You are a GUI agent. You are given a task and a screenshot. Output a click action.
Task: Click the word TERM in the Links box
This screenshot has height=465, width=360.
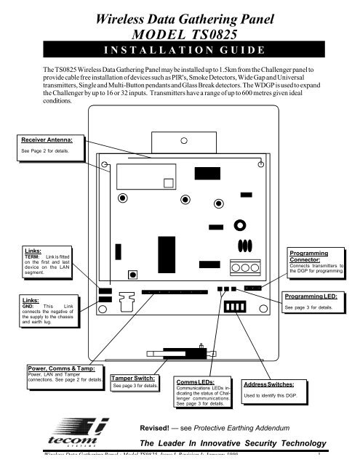(33, 258)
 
